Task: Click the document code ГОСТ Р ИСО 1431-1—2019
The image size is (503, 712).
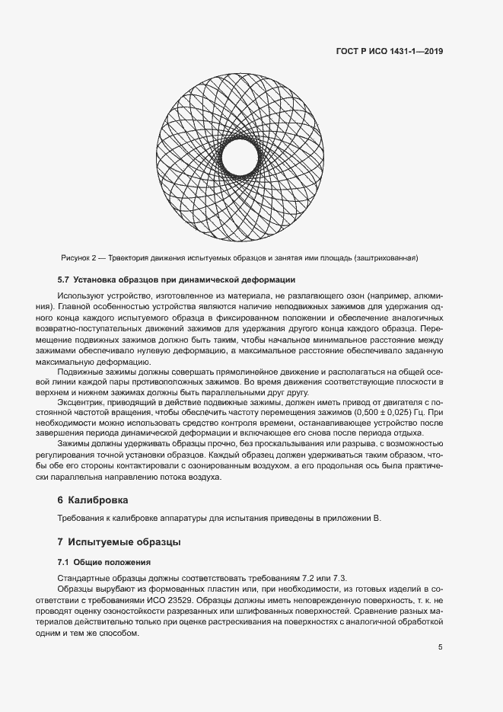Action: click(390, 52)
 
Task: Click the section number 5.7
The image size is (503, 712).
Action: click(64, 279)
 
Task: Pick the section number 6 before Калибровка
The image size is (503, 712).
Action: click(60, 501)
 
